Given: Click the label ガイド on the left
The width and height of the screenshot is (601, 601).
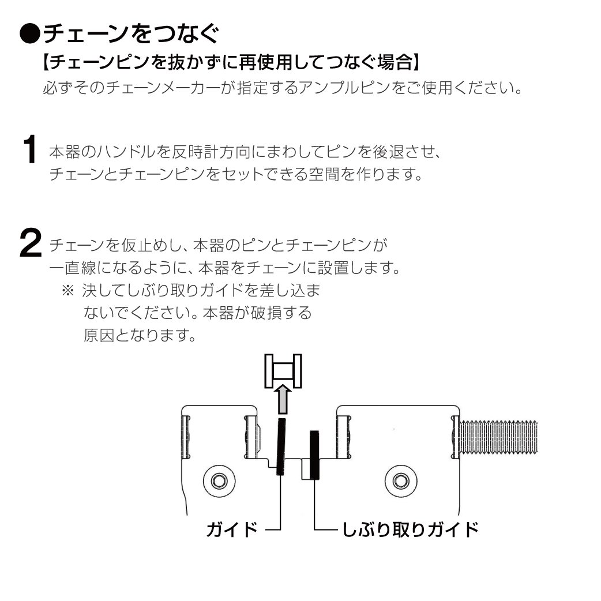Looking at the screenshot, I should click(x=231, y=529).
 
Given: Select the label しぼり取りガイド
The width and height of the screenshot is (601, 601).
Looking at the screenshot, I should click(x=410, y=529).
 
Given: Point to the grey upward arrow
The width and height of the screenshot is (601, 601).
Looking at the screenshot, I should click(x=282, y=400).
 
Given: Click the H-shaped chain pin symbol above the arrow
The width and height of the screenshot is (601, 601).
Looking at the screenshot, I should click(x=283, y=370).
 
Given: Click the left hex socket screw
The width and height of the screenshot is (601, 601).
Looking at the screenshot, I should click(x=219, y=480).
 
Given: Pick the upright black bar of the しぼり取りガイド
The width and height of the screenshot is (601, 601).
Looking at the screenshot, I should click(x=314, y=455).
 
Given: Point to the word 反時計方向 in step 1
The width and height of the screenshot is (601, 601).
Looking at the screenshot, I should click(x=202, y=153).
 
